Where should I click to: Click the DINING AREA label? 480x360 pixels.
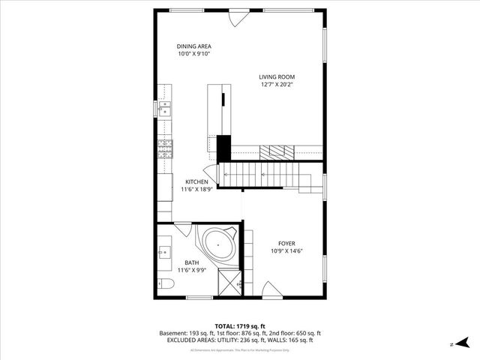193,46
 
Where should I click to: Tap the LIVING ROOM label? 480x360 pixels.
277,76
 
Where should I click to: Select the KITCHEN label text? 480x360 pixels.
196,181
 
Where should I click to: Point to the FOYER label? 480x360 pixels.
286,243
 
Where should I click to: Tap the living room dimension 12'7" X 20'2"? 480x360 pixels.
277,85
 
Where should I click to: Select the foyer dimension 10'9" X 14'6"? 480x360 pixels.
286,251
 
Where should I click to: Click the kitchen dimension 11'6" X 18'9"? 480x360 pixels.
196,190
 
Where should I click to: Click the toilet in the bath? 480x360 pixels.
166,283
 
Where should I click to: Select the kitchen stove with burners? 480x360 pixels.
164,148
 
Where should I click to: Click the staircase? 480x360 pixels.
262,177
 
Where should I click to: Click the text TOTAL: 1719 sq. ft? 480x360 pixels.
240,326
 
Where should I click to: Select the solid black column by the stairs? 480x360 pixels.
223,147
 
